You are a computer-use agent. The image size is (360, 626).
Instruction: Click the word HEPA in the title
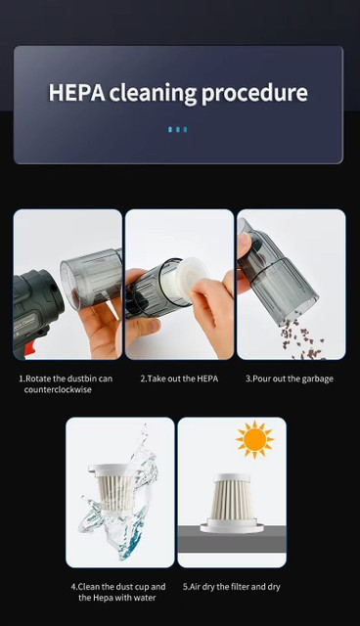[x=76, y=92]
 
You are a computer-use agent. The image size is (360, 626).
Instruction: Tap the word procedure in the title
[x=254, y=94]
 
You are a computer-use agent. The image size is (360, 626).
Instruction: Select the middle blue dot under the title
[x=178, y=129]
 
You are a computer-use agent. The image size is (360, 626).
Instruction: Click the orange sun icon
[x=254, y=439]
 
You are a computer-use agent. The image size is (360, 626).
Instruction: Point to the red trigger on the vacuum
[x=29, y=349]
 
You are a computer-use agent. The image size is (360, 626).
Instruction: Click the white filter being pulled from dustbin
[x=187, y=280]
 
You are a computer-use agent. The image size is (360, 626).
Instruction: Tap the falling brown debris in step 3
[x=302, y=339]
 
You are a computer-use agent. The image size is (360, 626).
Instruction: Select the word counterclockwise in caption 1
[x=58, y=389]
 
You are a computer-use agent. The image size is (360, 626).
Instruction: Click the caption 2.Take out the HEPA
[x=179, y=379]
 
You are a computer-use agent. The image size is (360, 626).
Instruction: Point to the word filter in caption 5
[x=240, y=587]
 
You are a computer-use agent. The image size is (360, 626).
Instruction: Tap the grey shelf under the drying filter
[x=232, y=539]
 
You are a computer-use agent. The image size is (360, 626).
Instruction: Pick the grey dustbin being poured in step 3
[x=277, y=271]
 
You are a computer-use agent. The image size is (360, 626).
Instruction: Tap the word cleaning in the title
[x=153, y=93]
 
